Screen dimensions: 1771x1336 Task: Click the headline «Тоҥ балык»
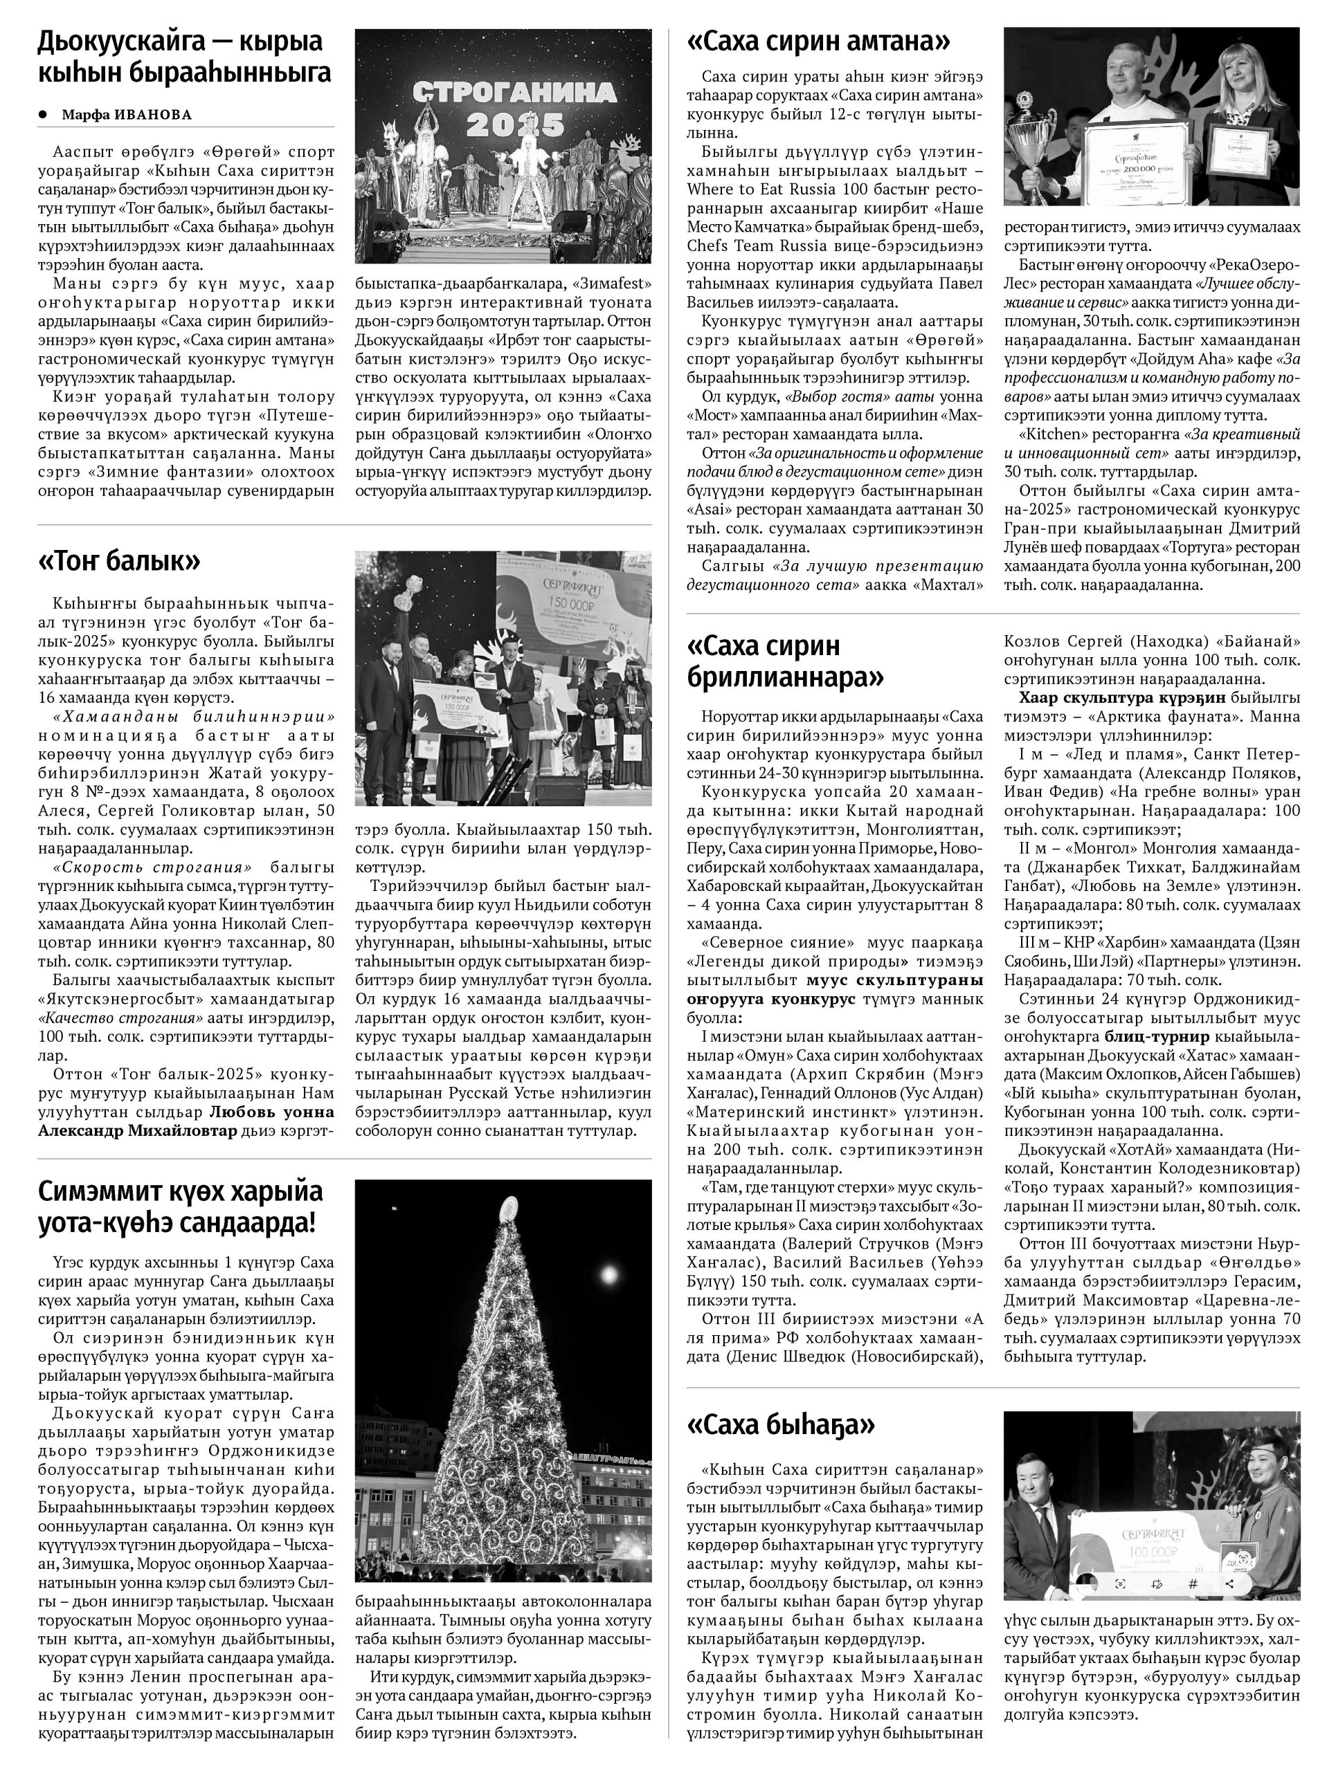[x=119, y=561]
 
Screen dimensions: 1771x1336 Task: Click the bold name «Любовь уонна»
[x=272, y=1112]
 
